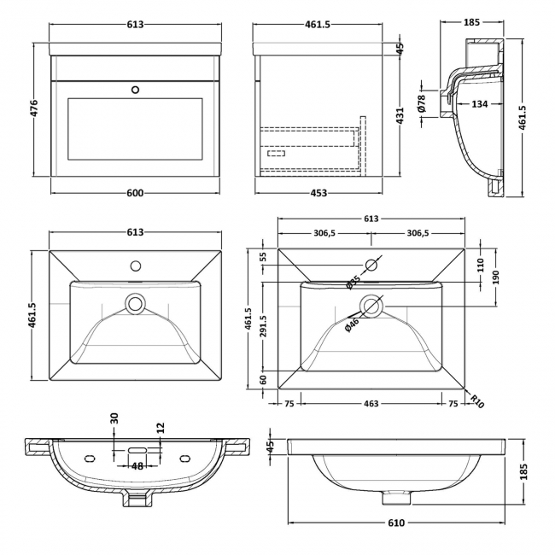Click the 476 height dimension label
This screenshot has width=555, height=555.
35,111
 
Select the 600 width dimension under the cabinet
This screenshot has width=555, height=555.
136,192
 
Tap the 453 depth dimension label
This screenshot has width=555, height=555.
318,192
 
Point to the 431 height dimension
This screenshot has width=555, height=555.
400,116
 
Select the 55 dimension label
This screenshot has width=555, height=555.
263,256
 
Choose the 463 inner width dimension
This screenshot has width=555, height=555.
371,402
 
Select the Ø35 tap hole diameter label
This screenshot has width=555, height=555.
353,282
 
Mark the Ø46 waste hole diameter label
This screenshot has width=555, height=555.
352,323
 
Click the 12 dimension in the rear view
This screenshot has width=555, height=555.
160,427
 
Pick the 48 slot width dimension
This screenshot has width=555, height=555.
136,465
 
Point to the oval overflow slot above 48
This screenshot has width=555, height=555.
137,447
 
